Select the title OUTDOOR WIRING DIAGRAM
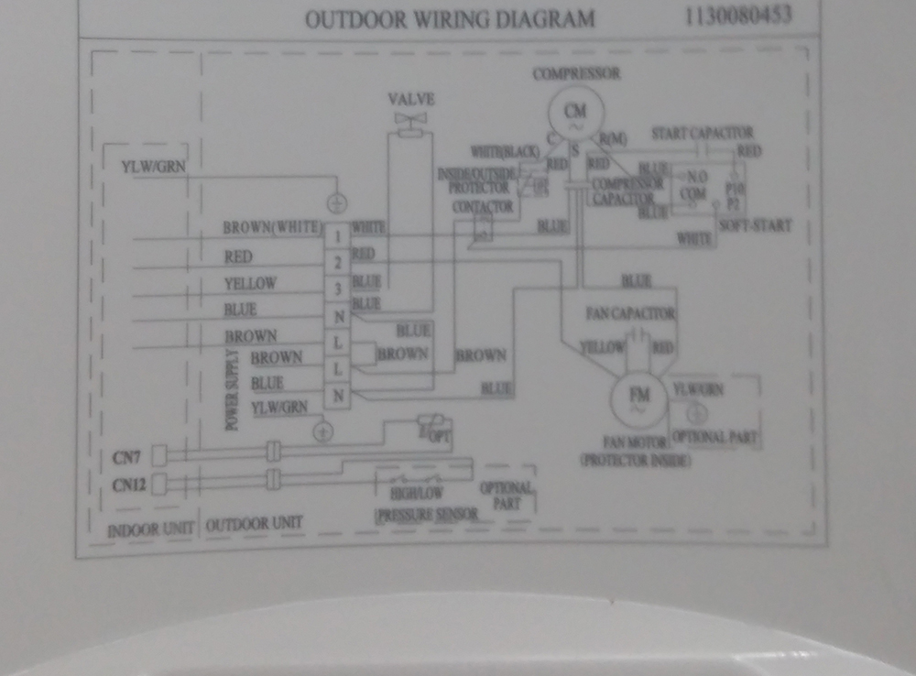(449, 19)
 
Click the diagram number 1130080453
(737, 16)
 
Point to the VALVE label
(411, 99)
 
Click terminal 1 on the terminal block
(338, 236)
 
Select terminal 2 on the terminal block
(338, 263)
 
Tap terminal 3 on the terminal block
(338, 289)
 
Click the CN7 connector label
(126, 454)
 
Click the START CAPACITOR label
(702, 134)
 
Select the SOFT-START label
(756, 225)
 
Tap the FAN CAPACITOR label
(630, 314)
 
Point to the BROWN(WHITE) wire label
(271, 227)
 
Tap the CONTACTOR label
(483, 207)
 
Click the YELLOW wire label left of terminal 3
(249, 283)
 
